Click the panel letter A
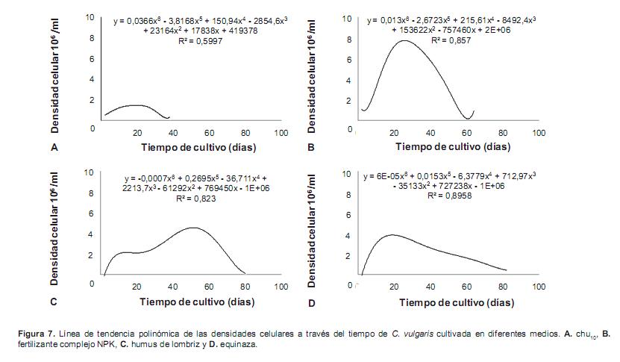tap(54, 148)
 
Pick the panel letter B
tap(311, 148)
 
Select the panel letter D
tap(311, 303)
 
